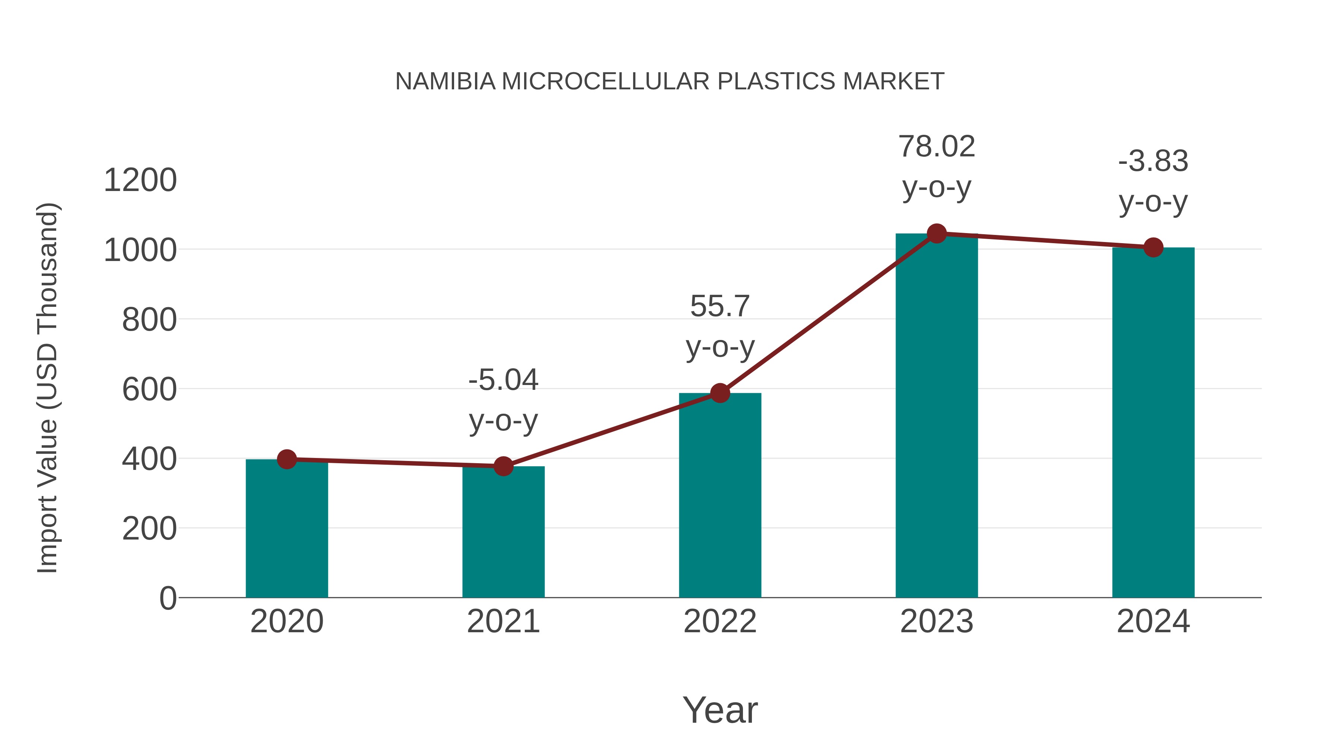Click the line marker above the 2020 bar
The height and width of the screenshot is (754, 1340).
(287, 459)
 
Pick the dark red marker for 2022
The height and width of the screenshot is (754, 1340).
(720, 394)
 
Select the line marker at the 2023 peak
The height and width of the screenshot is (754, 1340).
(937, 233)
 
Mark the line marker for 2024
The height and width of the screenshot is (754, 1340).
(1153, 248)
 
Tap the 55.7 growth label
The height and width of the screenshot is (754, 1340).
(720, 306)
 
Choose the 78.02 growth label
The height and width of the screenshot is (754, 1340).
(937, 147)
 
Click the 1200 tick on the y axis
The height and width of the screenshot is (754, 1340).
(140, 181)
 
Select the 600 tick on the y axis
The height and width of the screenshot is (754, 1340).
(149, 390)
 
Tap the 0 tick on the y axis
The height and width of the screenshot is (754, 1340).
(167, 598)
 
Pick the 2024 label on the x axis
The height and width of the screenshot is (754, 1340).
(1153, 621)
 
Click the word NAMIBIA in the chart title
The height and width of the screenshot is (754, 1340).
(445, 82)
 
